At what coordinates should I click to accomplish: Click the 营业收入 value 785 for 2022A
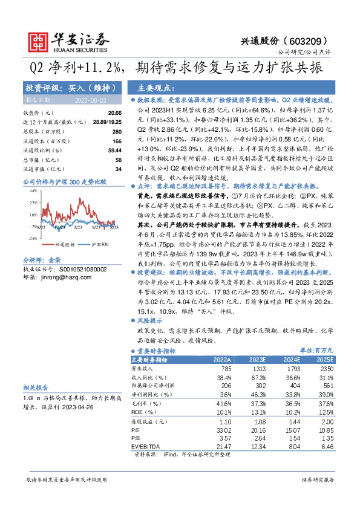226,368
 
